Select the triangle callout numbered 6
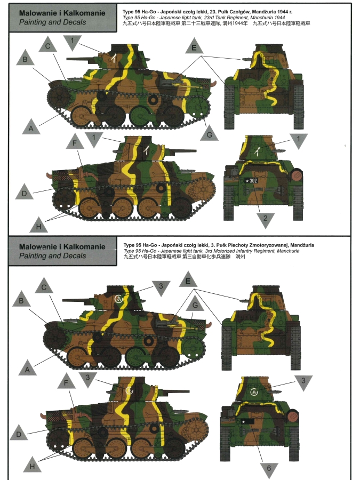[x=269, y=469]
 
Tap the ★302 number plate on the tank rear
[x=251, y=181]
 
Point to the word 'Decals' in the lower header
[x=74, y=255]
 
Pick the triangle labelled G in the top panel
[x=210, y=134]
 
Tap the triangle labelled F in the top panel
[x=75, y=142]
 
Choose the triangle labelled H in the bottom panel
[x=32, y=465]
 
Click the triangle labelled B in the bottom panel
[x=21, y=299]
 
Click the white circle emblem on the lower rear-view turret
[x=254, y=391]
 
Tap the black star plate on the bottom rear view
[x=247, y=422]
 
